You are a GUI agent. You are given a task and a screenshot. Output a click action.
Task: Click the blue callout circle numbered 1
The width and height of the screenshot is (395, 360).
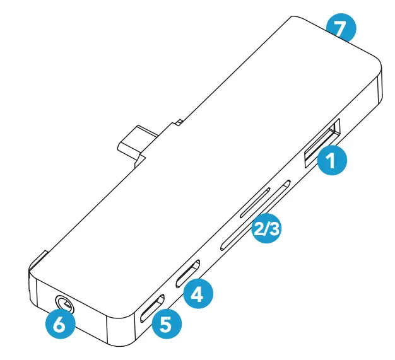pyautogui.click(x=332, y=162)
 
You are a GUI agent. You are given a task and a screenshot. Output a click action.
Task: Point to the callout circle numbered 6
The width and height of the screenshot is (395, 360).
pyautogui.click(x=62, y=326)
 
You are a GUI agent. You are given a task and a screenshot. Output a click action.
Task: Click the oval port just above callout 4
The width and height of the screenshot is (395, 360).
pyautogui.click(x=189, y=273)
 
